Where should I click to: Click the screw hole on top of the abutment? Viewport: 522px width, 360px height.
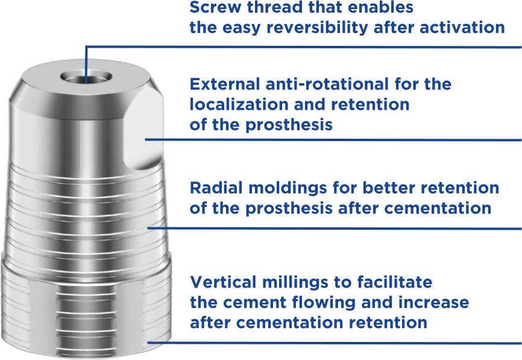pos(87,78)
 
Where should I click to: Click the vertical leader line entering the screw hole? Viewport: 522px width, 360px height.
pos(87,60)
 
